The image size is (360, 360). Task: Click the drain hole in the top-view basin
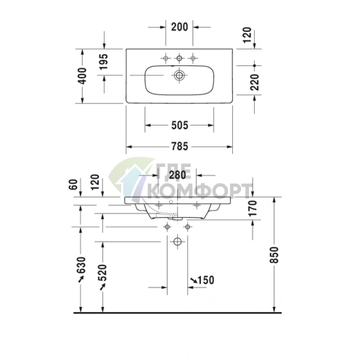point(179,75)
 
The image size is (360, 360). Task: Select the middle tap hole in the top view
point(179,58)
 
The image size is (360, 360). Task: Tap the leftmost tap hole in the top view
point(166,58)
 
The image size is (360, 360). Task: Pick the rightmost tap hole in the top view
point(192,58)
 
